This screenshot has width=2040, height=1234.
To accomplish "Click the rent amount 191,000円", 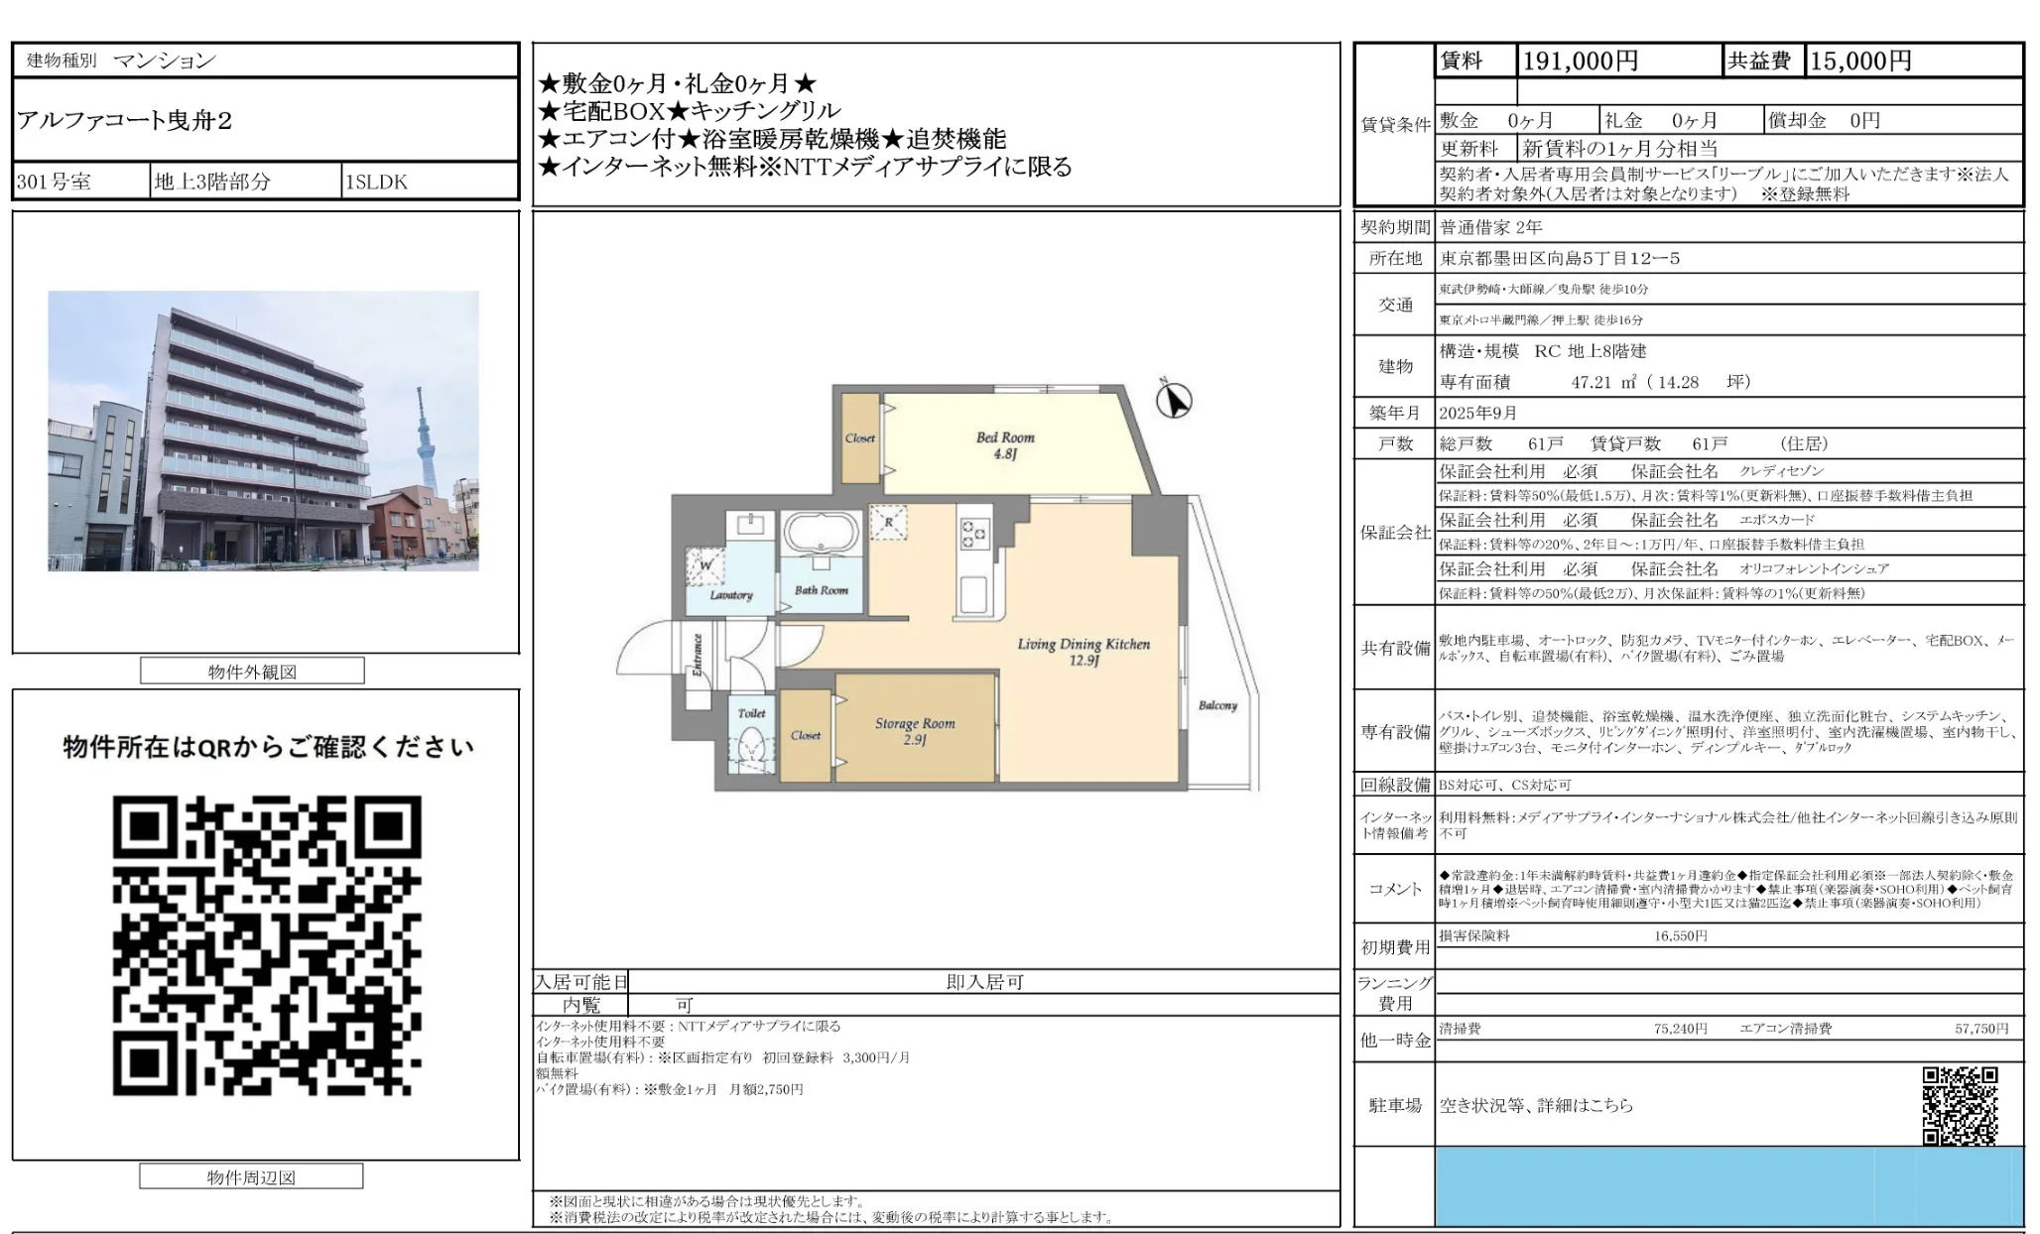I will (1580, 62).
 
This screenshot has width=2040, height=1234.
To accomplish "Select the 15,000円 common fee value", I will (1860, 62).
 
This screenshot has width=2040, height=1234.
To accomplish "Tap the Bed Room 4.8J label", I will (1004, 445).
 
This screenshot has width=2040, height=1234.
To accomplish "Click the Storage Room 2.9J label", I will (914, 731).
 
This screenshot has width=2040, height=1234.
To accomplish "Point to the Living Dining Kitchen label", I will (1084, 651).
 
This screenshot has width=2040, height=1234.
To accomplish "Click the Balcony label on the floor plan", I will (1217, 705).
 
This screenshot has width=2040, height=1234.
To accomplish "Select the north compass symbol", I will (1174, 401).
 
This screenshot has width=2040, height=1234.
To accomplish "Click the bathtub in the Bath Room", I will (820, 534).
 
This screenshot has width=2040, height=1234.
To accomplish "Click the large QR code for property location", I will (266, 945).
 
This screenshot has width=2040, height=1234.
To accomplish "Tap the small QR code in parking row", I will (1960, 1105).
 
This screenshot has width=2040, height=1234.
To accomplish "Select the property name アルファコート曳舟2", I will (125, 121).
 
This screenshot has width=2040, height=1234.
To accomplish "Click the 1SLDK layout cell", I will (376, 182).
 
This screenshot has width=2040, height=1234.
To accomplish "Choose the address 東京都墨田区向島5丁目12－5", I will (1559, 258).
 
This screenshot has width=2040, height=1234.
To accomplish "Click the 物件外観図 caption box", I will (252, 672).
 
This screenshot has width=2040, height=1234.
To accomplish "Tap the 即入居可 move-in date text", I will (984, 982).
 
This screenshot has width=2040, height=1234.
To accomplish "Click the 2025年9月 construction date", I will (1477, 413).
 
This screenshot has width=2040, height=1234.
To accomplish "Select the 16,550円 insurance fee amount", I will (1680, 935).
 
